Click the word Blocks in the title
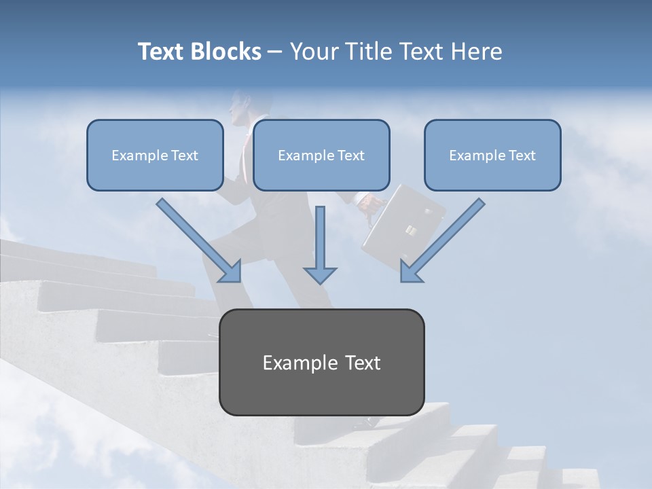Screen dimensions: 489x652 (228, 52)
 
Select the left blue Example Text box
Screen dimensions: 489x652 (155, 156)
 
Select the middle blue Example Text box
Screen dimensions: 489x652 (321, 156)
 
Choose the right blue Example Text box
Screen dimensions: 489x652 (492, 156)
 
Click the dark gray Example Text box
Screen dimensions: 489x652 (322, 362)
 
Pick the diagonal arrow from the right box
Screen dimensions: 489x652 (442, 240)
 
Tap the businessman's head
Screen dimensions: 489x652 (241, 107)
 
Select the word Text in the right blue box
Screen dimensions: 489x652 (522, 156)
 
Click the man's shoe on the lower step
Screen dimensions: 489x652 (370, 422)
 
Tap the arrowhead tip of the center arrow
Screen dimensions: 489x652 (320, 282)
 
